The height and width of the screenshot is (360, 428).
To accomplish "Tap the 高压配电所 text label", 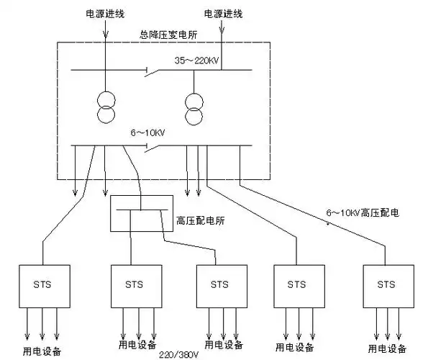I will (x=201, y=220).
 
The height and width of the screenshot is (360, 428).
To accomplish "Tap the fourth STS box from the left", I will (x=296, y=284).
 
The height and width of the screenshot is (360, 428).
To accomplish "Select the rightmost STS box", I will (x=386, y=284).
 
